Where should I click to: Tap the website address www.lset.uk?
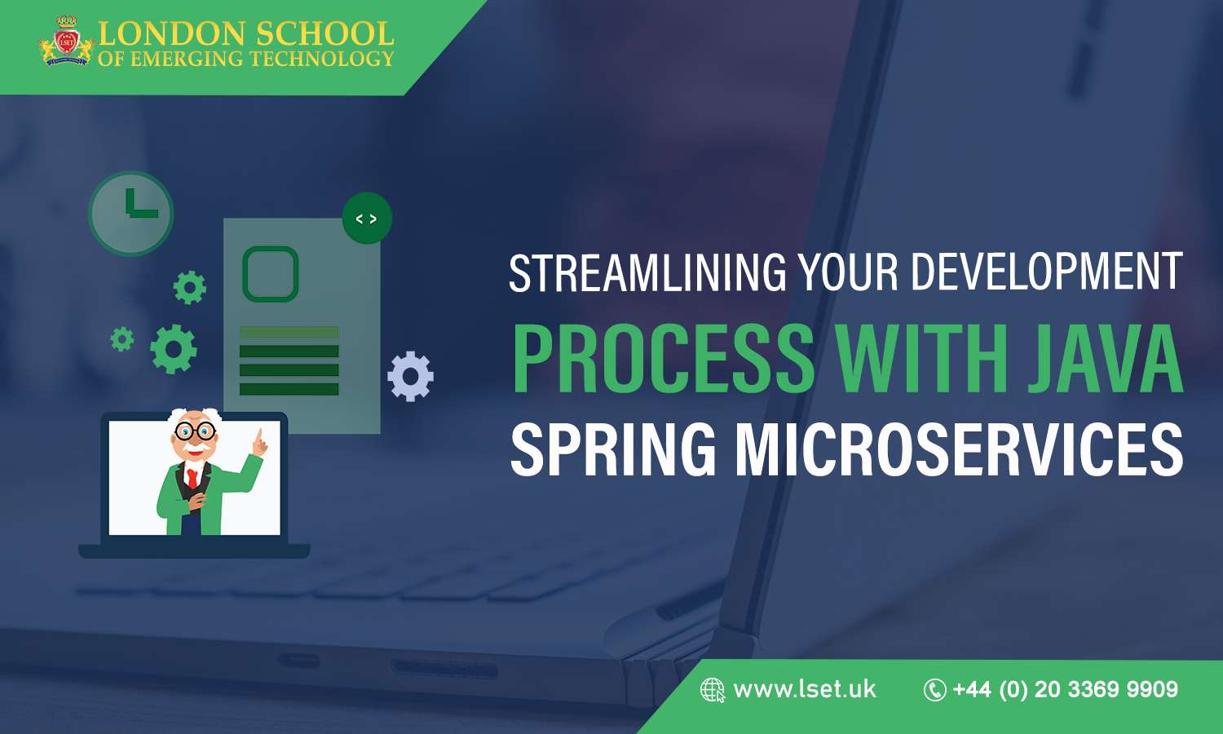pyautogui.click(x=804, y=690)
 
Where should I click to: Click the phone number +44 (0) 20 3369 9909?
pyautogui.click(x=1065, y=690)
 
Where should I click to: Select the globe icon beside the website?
pyautogui.click(x=712, y=691)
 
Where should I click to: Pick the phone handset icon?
pyautogui.click(x=934, y=691)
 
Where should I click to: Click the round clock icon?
pyautogui.click(x=131, y=213)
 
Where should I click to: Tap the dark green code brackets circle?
pyautogui.click(x=367, y=219)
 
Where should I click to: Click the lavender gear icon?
pyautogui.click(x=410, y=376)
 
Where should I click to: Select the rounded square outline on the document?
pyautogui.click(x=271, y=274)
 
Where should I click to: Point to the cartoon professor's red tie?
pyautogui.click(x=192, y=477)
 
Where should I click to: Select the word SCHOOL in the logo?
pyautogui.click(x=324, y=34)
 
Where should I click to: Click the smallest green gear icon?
pyautogui.click(x=122, y=338)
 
